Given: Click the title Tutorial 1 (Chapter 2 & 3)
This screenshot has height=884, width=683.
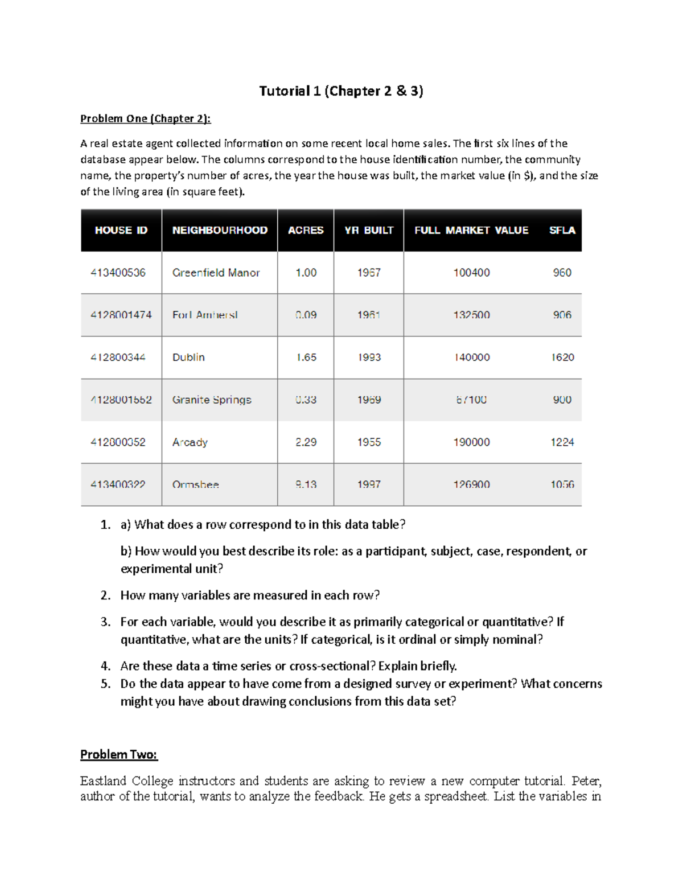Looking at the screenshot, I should point(341,91).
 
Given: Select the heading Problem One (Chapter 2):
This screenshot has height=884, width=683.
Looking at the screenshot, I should point(145,118).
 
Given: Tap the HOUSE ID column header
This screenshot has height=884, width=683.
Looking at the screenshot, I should point(121,230).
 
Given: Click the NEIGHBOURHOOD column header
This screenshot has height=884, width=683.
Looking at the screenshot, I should point(220,230).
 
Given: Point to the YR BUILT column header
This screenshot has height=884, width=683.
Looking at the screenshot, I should point(369,230).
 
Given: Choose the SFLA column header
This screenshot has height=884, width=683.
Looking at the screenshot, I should point(562,230).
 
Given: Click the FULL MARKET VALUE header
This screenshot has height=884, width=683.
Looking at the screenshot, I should point(471,230).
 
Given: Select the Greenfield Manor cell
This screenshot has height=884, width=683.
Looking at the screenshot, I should point(216,273).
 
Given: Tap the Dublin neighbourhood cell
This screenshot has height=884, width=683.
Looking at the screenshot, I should point(188,357).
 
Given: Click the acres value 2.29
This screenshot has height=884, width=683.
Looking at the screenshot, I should point(306,442).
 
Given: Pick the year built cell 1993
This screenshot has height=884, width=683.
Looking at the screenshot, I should point(369,357).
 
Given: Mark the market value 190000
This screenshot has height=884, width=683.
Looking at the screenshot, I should point(471,442).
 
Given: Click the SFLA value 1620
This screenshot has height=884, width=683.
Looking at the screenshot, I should point(562,357).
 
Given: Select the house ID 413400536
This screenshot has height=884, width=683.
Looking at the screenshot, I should point(118,273).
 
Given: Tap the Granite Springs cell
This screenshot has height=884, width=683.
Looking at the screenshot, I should point(212,400).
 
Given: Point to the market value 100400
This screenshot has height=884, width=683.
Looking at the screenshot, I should point(471,273).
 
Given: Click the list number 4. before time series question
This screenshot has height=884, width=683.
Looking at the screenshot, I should point(105,666).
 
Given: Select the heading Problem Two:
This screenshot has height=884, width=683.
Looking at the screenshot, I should point(119,754).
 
